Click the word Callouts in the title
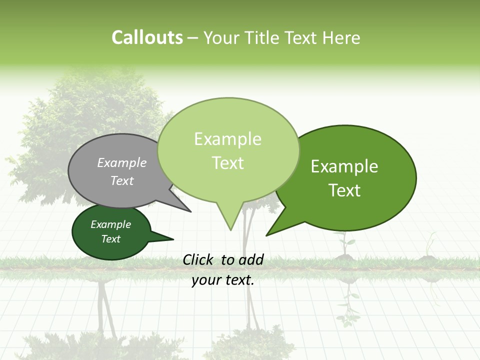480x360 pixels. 147,37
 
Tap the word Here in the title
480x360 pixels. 341,38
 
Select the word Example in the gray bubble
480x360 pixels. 122,162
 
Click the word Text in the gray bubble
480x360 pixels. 122,180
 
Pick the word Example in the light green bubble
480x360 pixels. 227,139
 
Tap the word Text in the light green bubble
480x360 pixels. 227,163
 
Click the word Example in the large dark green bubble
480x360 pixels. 344,166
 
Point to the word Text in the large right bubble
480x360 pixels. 344,190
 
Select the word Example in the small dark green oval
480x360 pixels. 111,224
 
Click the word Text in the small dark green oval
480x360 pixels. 111,239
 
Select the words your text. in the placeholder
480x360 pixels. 223,280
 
